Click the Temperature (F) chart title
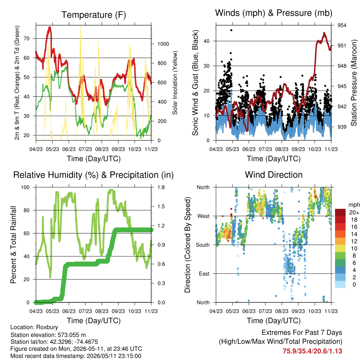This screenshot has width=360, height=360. [94, 15]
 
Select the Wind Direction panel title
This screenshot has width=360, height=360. [274, 175]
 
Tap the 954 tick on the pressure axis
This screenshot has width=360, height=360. [342, 25]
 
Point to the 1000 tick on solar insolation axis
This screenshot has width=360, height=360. [163, 44]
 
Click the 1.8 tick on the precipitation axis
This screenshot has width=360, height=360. [161, 187]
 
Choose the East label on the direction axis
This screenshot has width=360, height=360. [204, 274]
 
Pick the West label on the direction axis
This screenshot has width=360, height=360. [204, 216]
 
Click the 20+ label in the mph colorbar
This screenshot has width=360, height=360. [354, 212]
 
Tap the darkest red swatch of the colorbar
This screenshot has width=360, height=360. [340, 212]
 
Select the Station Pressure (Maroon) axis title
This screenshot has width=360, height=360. [354, 83]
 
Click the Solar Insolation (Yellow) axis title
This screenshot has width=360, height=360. [175, 83]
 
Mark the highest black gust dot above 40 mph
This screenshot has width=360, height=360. [231, 30]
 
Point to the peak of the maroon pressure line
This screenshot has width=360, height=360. [324, 33]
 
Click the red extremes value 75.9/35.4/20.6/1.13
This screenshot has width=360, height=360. [312, 351]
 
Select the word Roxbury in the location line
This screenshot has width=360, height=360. [47, 327]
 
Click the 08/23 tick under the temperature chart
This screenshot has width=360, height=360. [102, 149]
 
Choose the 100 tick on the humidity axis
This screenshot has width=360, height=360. [25, 187]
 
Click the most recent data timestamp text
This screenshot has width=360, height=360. [76, 356]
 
